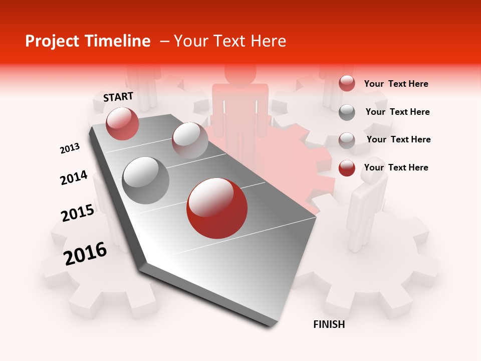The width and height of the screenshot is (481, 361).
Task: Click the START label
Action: pyautogui.click(x=118, y=97)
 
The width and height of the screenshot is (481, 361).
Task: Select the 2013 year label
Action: pyautogui.click(x=70, y=148)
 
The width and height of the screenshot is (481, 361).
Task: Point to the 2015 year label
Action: pyautogui.click(x=78, y=213)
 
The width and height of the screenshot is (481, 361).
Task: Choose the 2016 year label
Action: pyautogui.click(x=85, y=253)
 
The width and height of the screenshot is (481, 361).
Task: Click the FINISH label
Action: pyautogui.click(x=329, y=324)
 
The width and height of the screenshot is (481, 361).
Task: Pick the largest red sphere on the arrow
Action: pyautogui.click(x=217, y=208)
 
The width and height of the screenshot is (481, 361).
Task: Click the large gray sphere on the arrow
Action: pyautogui.click(x=146, y=180)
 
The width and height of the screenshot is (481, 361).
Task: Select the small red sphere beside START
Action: pyautogui.click(x=122, y=123)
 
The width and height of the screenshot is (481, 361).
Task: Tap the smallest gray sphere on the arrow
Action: pyautogui.click(x=190, y=140)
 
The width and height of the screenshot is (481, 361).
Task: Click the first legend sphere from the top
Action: pyautogui.click(x=347, y=84)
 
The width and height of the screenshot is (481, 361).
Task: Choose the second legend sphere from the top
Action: pyautogui.click(x=347, y=112)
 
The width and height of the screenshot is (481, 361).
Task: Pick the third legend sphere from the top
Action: pyautogui.click(x=347, y=140)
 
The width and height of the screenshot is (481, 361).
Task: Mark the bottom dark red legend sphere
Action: pyautogui.click(x=347, y=168)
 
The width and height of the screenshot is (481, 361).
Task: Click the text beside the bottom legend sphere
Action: pyautogui.click(x=396, y=167)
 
